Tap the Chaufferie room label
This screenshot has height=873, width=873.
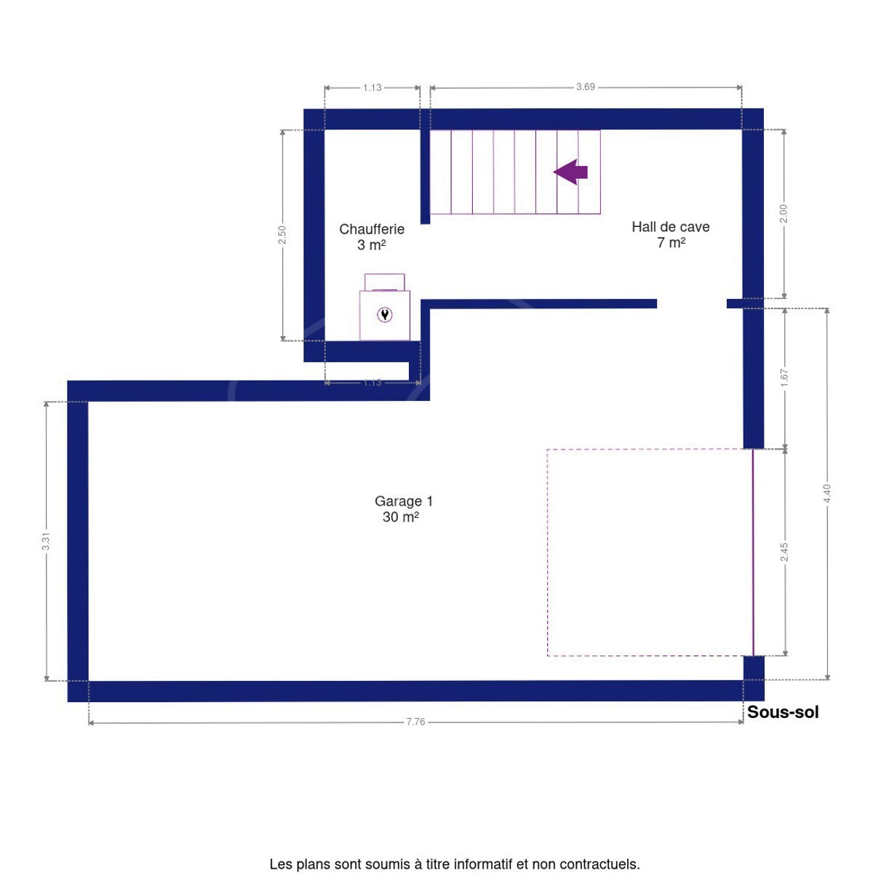(372, 229)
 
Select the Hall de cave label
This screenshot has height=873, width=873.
(671, 227)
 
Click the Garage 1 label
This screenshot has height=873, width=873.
(404, 501)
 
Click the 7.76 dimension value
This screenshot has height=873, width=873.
(415, 722)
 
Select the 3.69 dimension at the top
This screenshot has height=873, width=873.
(586, 87)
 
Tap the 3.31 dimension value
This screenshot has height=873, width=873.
(46, 541)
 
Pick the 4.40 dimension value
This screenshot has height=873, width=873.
(827, 493)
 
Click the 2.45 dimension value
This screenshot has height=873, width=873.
(785, 552)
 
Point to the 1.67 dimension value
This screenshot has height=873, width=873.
(785, 378)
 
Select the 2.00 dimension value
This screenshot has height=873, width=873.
(784, 213)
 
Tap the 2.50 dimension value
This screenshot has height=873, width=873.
(282, 235)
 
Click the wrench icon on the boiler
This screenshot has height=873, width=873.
(385, 314)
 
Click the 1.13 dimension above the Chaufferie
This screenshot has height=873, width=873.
(372, 87)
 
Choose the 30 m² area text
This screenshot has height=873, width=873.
(400, 517)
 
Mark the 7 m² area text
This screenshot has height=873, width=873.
(671, 243)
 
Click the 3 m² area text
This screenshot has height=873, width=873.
(372, 245)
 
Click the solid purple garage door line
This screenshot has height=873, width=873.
(753, 552)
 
